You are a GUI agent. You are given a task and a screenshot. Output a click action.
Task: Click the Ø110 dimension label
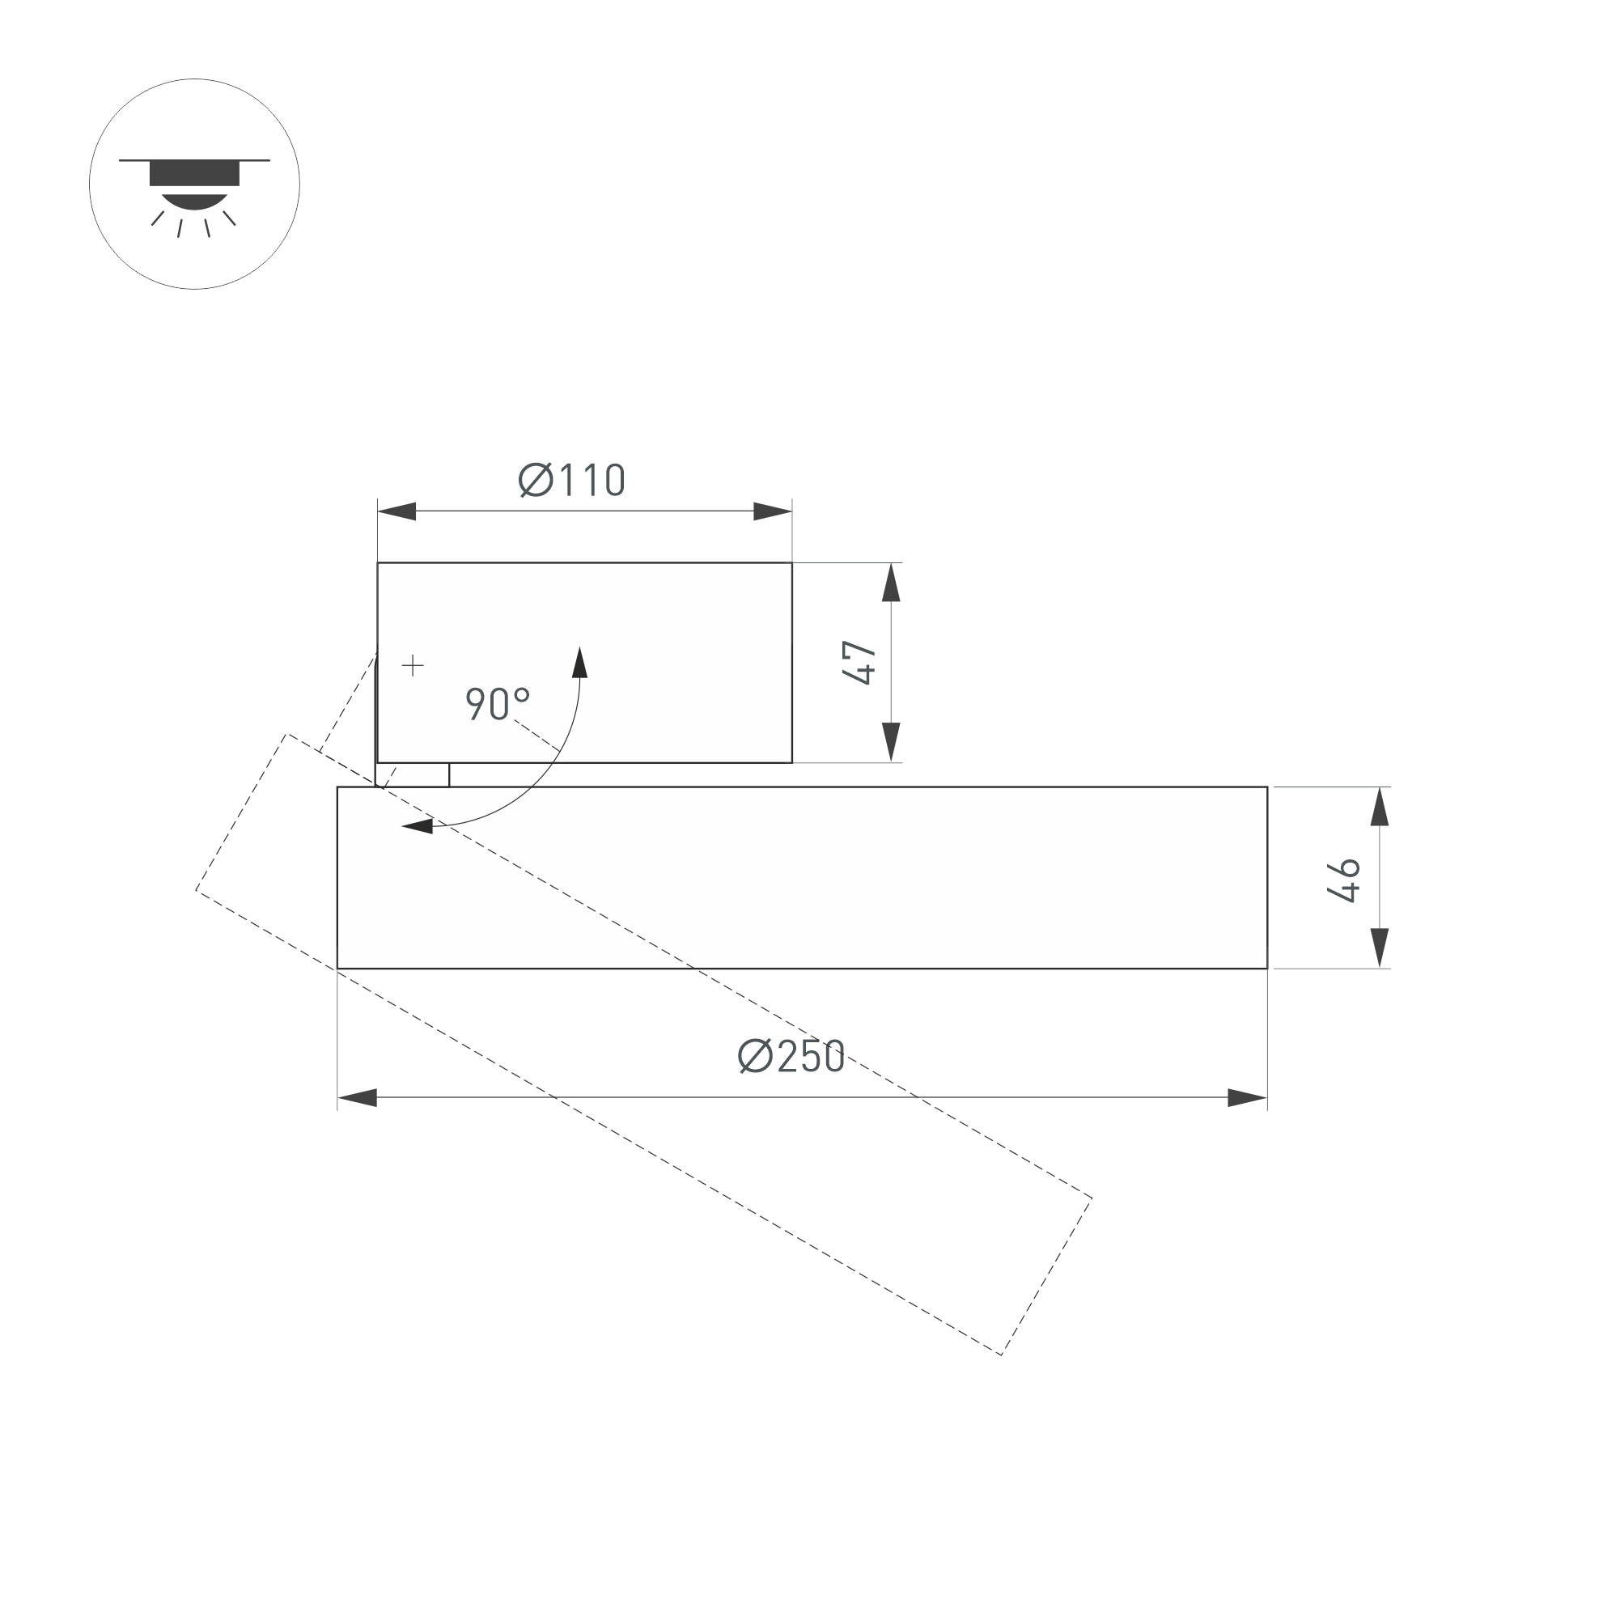coord(571,481)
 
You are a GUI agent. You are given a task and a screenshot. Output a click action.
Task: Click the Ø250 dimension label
coord(791,1057)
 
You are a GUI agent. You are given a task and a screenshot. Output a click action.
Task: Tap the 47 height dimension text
coord(859,662)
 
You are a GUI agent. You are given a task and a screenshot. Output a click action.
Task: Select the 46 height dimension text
coord(1343,880)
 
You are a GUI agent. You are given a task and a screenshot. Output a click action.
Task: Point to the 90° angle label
coord(497,704)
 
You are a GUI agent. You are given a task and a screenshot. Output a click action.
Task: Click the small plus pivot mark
coord(413,665)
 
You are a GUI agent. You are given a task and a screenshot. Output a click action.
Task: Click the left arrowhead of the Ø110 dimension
coord(397,511)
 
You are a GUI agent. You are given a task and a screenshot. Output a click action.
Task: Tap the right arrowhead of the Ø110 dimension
coord(773,511)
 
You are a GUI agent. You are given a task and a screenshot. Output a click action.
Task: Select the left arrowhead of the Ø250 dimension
coord(357,1098)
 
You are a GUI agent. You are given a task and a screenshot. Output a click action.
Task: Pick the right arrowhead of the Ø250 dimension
coord(1248,1098)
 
